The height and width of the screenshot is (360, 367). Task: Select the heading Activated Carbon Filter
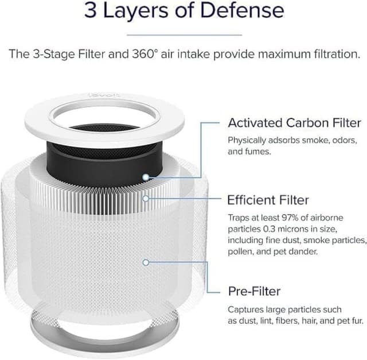click(294, 123)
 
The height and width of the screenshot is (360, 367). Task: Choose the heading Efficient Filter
click(268, 200)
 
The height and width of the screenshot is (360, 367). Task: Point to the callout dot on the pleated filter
click(146, 199)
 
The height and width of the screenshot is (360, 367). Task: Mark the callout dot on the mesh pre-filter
click(146, 262)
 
